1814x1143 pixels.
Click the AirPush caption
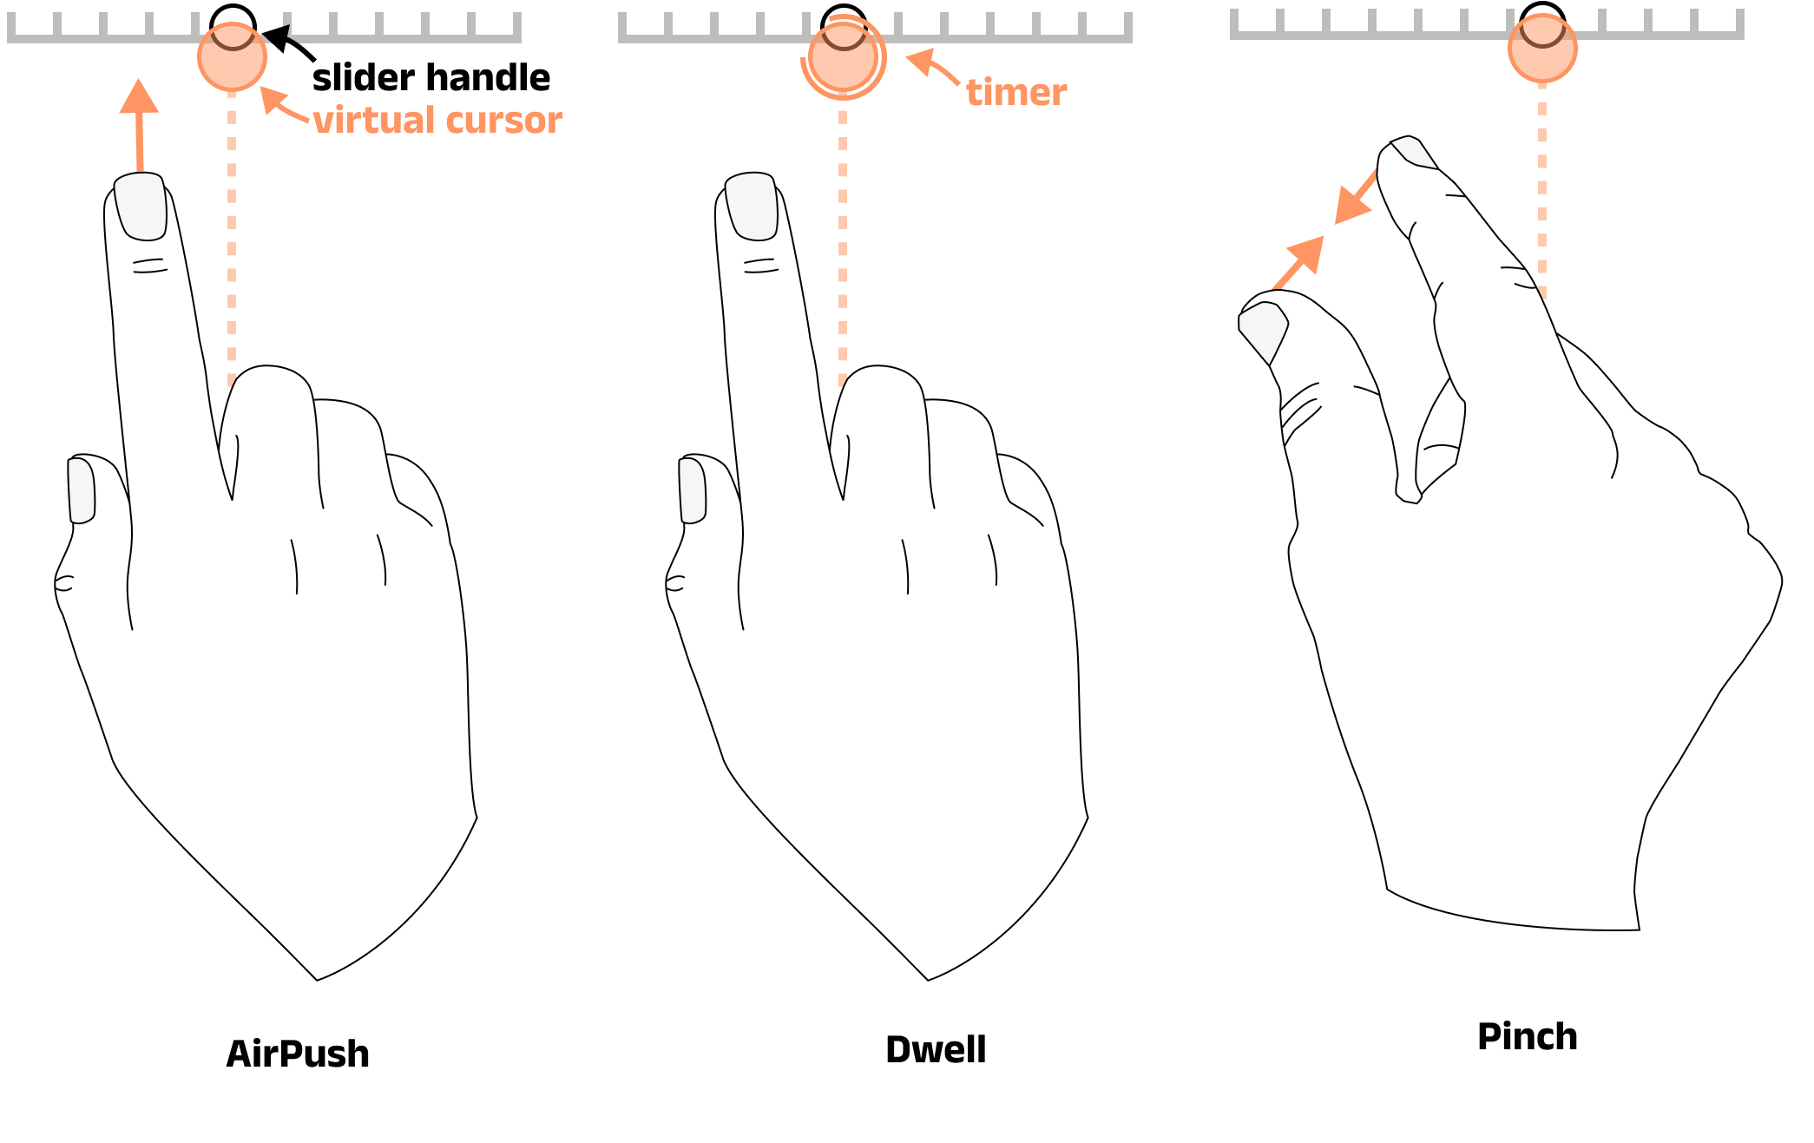point(298,1054)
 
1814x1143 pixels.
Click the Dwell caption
point(936,1049)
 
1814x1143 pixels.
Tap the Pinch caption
point(1528,1036)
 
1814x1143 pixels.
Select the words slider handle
point(430,77)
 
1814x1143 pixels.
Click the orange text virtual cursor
point(437,120)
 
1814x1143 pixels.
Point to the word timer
point(1016,92)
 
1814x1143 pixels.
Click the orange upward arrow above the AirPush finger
point(139,125)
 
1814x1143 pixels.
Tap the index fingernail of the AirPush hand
point(141,207)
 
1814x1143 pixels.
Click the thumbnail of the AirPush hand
point(81,490)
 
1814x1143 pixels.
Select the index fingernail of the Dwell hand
point(752,207)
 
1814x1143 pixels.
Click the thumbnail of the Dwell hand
point(692,490)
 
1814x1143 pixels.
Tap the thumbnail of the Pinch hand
point(1263,332)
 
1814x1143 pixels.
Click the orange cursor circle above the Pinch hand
point(1542,49)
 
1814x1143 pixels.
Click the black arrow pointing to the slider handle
point(288,43)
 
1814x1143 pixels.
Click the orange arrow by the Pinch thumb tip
point(1298,262)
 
